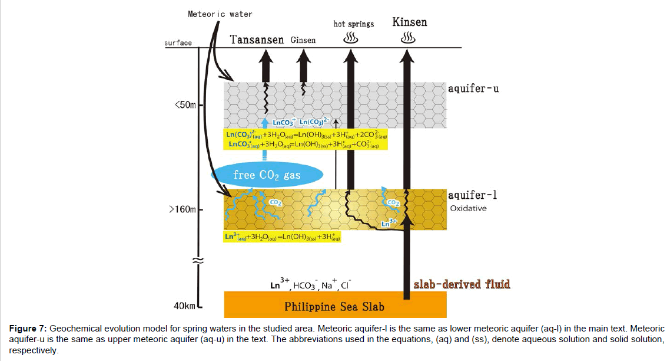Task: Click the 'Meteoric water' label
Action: coord(220,14)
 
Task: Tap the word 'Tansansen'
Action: coord(257,40)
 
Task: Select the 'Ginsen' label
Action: coord(303,40)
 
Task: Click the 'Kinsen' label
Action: coord(409,22)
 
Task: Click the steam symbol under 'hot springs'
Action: coord(351,38)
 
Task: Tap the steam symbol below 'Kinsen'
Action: coord(408,38)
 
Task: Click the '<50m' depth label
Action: coord(185,106)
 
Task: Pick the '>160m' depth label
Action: coord(182,209)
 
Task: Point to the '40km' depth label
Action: coord(184,306)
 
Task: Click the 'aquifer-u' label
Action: coord(473,88)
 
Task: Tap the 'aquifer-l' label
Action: coord(472,195)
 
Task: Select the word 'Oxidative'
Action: coord(468,208)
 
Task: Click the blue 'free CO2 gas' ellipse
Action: coord(268,175)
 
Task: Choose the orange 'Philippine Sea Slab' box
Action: coord(335,306)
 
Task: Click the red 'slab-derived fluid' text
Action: coord(462,284)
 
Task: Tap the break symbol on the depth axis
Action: coord(199,260)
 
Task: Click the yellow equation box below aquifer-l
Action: coord(283,237)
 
